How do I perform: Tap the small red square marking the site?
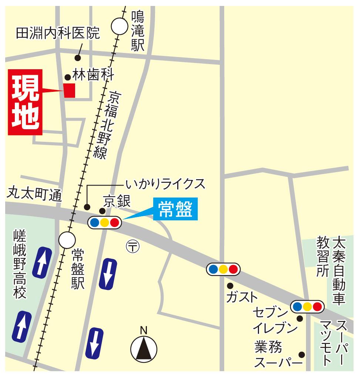[x=70, y=91]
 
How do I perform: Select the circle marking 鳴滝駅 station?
[x=120, y=26]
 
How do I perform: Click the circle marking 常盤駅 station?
[x=67, y=240]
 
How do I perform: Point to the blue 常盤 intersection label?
[x=175, y=210]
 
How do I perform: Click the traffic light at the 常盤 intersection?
[x=105, y=223]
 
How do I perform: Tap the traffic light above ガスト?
[x=223, y=269]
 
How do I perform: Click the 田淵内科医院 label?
[x=58, y=34]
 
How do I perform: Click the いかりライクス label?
[x=165, y=183]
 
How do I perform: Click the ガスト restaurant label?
[x=242, y=297]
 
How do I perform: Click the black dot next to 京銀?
[x=102, y=211]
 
